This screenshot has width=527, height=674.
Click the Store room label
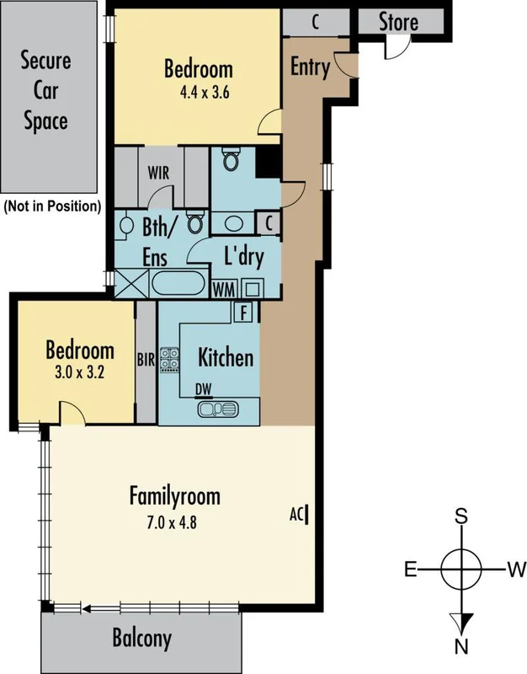398,21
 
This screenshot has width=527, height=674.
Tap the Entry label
309,67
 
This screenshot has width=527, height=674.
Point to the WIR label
160,174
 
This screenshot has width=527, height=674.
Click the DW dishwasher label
203,388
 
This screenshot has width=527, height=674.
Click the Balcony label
141,638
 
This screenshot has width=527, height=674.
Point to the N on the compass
461,647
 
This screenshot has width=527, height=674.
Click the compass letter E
411,570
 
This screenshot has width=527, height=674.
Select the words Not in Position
52,206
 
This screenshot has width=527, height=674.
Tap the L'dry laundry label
243,256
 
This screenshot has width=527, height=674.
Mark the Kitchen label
225,357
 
